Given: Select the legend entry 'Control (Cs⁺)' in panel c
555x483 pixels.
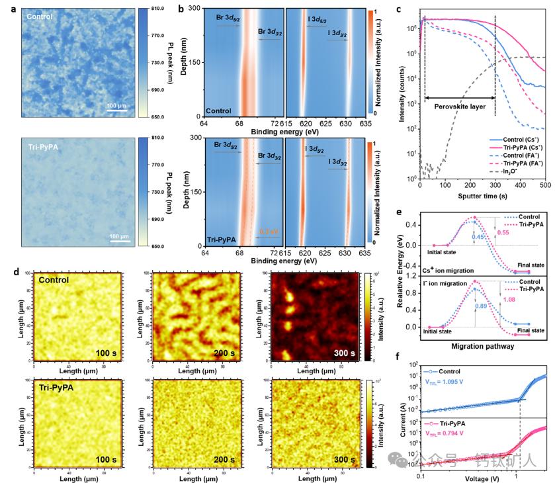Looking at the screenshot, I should point(511,141).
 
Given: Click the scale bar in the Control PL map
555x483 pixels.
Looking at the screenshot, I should point(118,110).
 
